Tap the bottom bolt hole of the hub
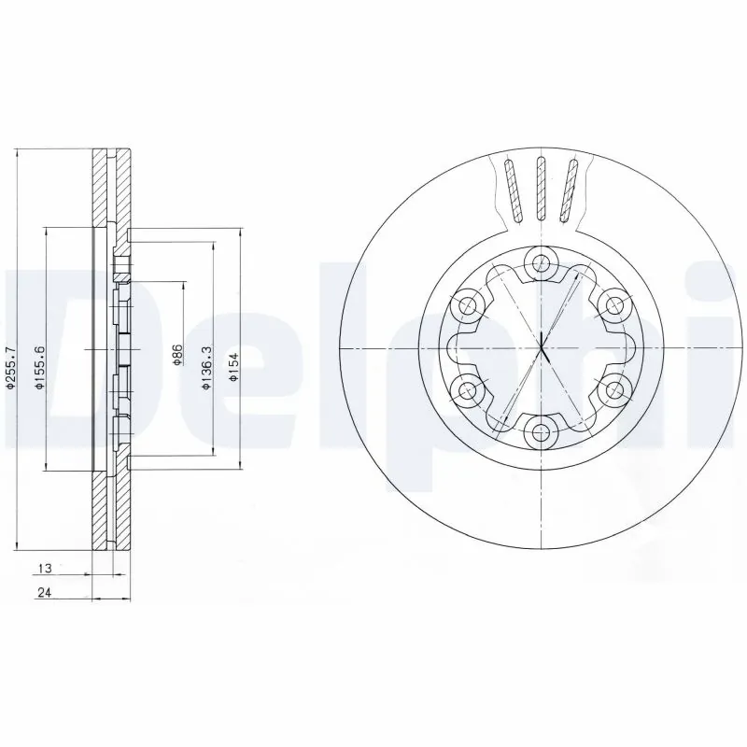coord(541,430)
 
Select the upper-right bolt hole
coord(613,304)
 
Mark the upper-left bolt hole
coord(468,304)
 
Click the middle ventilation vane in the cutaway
coord(540,190)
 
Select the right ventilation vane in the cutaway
coord(569,190)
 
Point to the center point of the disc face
coord(541,347)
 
